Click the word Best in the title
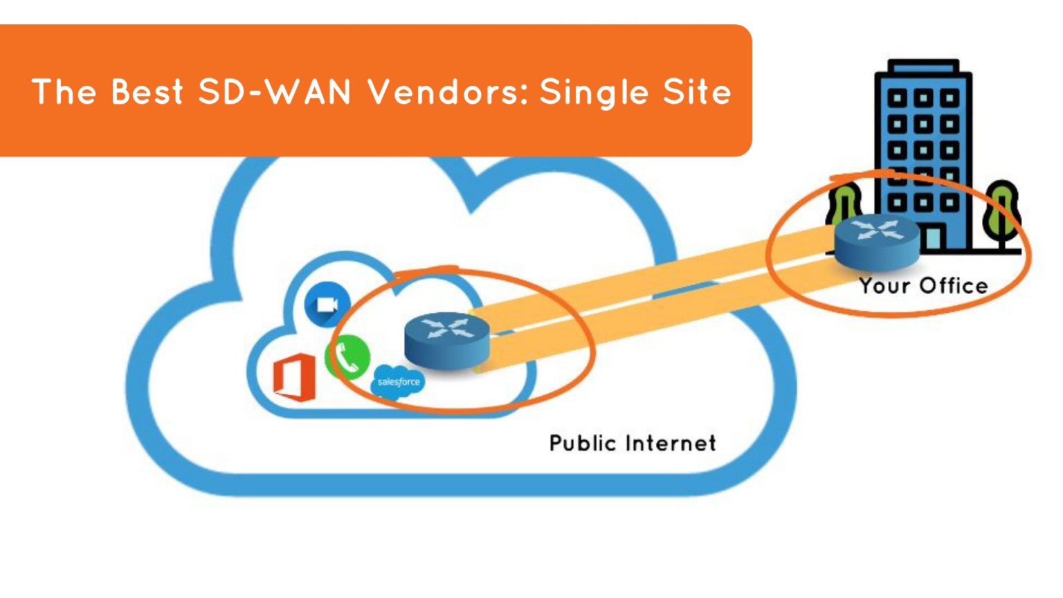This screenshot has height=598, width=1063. [147, 92]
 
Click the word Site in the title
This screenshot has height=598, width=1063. [697, 92]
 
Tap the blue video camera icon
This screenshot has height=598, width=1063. [327, 305]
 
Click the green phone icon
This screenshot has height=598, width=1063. [347, 357]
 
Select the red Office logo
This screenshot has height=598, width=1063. [294, 377]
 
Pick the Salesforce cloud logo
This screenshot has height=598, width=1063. [398, 383]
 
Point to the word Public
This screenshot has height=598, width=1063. [582, 443]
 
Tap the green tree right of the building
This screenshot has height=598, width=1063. [1003, 211]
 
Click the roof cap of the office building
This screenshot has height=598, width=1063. [923, 66]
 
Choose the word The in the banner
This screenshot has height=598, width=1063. [64, 92]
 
